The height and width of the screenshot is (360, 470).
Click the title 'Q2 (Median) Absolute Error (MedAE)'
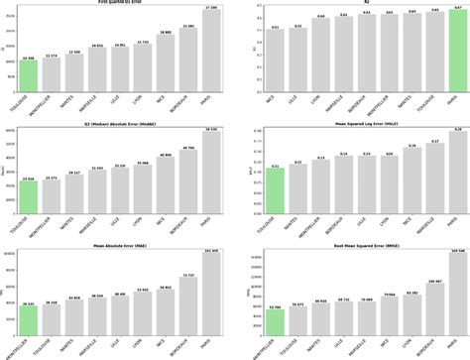pos(120,124)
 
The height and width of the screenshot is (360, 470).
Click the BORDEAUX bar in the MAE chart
pos(187,306)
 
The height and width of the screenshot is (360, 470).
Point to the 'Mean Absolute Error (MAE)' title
pos(120,244)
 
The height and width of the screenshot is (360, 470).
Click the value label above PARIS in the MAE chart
pos(210,251)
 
